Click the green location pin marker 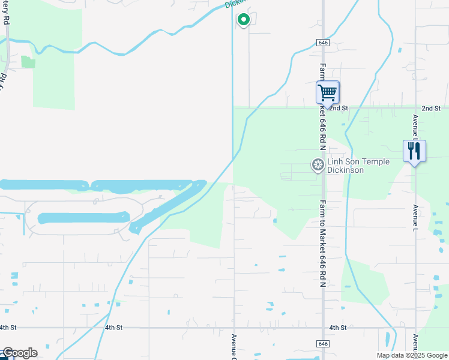coord(244,20)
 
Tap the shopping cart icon coord(328,93)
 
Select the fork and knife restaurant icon coord(414,151)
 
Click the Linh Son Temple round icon coord(318,164)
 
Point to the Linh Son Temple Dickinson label coord(358,166)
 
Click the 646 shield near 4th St coord(324,343)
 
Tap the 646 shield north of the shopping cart coord(323,43)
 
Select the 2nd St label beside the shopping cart coord(339,108)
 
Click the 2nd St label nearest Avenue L coord(431,108)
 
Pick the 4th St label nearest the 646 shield coord(338,328)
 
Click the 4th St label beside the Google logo coord(8,328)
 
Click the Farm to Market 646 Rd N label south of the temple coord(323,243)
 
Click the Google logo coord(19,353)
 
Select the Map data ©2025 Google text coord(412,355)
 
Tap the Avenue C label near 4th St coord(234,347)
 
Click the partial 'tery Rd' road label coord(6,12)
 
